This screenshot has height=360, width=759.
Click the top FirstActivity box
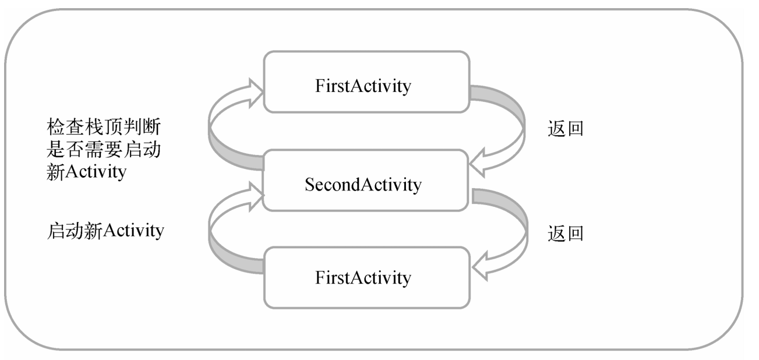(x=366, y=82)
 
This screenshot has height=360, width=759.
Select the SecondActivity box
(x=366, y=181)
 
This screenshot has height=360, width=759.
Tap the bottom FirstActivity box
(x=366, y=278)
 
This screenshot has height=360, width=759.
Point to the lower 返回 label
(x=565, y=234)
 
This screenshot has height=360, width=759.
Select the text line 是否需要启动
(x=105, y=151)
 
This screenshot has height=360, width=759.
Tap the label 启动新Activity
(x=105, y=231)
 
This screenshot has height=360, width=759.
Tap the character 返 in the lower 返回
(x=556, y=234)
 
